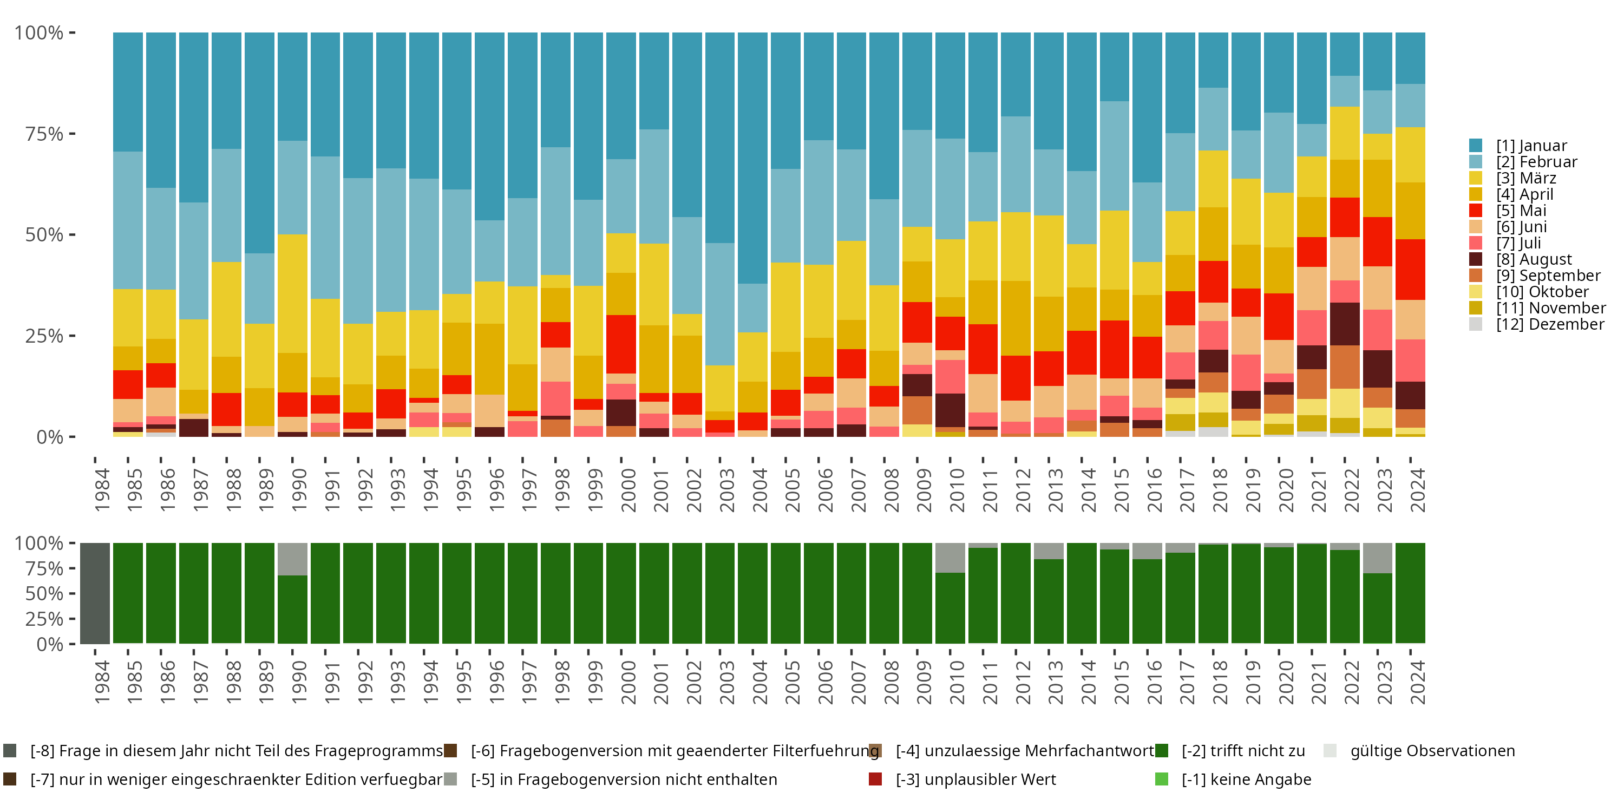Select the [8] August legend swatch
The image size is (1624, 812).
[x=1476, y=259]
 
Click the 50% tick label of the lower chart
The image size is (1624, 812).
[x=44, y=593]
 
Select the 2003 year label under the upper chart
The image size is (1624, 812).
[x=726, y=490]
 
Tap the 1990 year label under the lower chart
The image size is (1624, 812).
[x=299, y=682]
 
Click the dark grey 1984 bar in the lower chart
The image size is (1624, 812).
[x=95, y=593]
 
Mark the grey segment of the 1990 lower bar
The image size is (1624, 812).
[x=292, y=559]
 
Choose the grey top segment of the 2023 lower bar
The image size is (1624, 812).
[x=1378, y=558]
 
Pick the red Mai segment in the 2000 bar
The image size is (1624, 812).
[x=621, y=344]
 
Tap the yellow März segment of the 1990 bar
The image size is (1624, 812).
[x=292, y=293]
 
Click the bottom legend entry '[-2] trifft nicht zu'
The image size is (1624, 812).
[x=1242, y=751]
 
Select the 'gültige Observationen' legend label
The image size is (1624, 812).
[x=1432, y=751]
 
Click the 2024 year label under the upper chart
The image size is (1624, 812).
[x=1417, y=490]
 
